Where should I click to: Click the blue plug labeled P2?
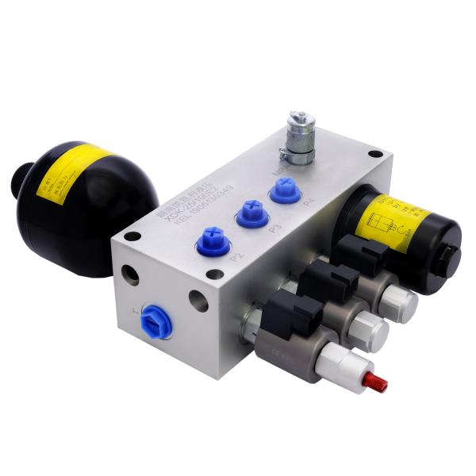click(x=212, y=239)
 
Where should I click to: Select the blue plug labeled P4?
click(x=283, y=191)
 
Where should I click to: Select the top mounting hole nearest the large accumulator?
click(x=133, y=236)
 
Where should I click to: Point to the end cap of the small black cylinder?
click(x=449, y=255)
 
